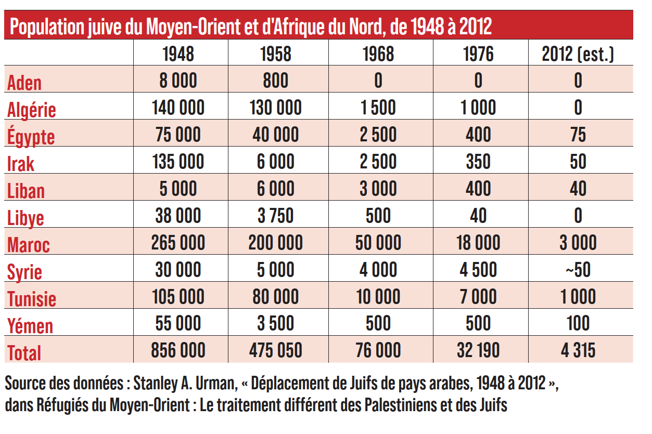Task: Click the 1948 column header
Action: pyautogui.click(x=178, y=54)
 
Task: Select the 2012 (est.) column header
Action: pyautogui.click(x=578, y=54)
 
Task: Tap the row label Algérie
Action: pyautogui.click(x=32, y=110)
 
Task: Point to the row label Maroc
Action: pyautogui.click(x=29, y=244)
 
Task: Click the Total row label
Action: pyautogui.click(x=24, y=352)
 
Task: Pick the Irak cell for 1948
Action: pyautogui.click(x=178, y=162)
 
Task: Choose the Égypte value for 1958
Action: pyautogui.click(x=275, y=135)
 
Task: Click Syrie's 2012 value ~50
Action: pyautogui.click(x=578, y=270)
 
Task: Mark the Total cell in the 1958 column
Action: pyautogui.click(x=275, y=350)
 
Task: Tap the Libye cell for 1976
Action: pyautogui.click(x=478, y=216)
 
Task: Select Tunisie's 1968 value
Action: pyautogui.click(x=378, y=297)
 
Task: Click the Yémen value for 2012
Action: pyautogui.click(x=578, y=323)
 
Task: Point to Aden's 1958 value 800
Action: pyautogui.click(x=275, y=81)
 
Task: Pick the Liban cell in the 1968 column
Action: pyautogui.click(x=378, y=189)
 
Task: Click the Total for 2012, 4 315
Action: pyautogui.click(x=578, y=350)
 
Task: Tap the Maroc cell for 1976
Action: pyautogui.click(x=478, y=243)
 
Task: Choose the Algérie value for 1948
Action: pyautogui.click(x=178, y=108)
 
